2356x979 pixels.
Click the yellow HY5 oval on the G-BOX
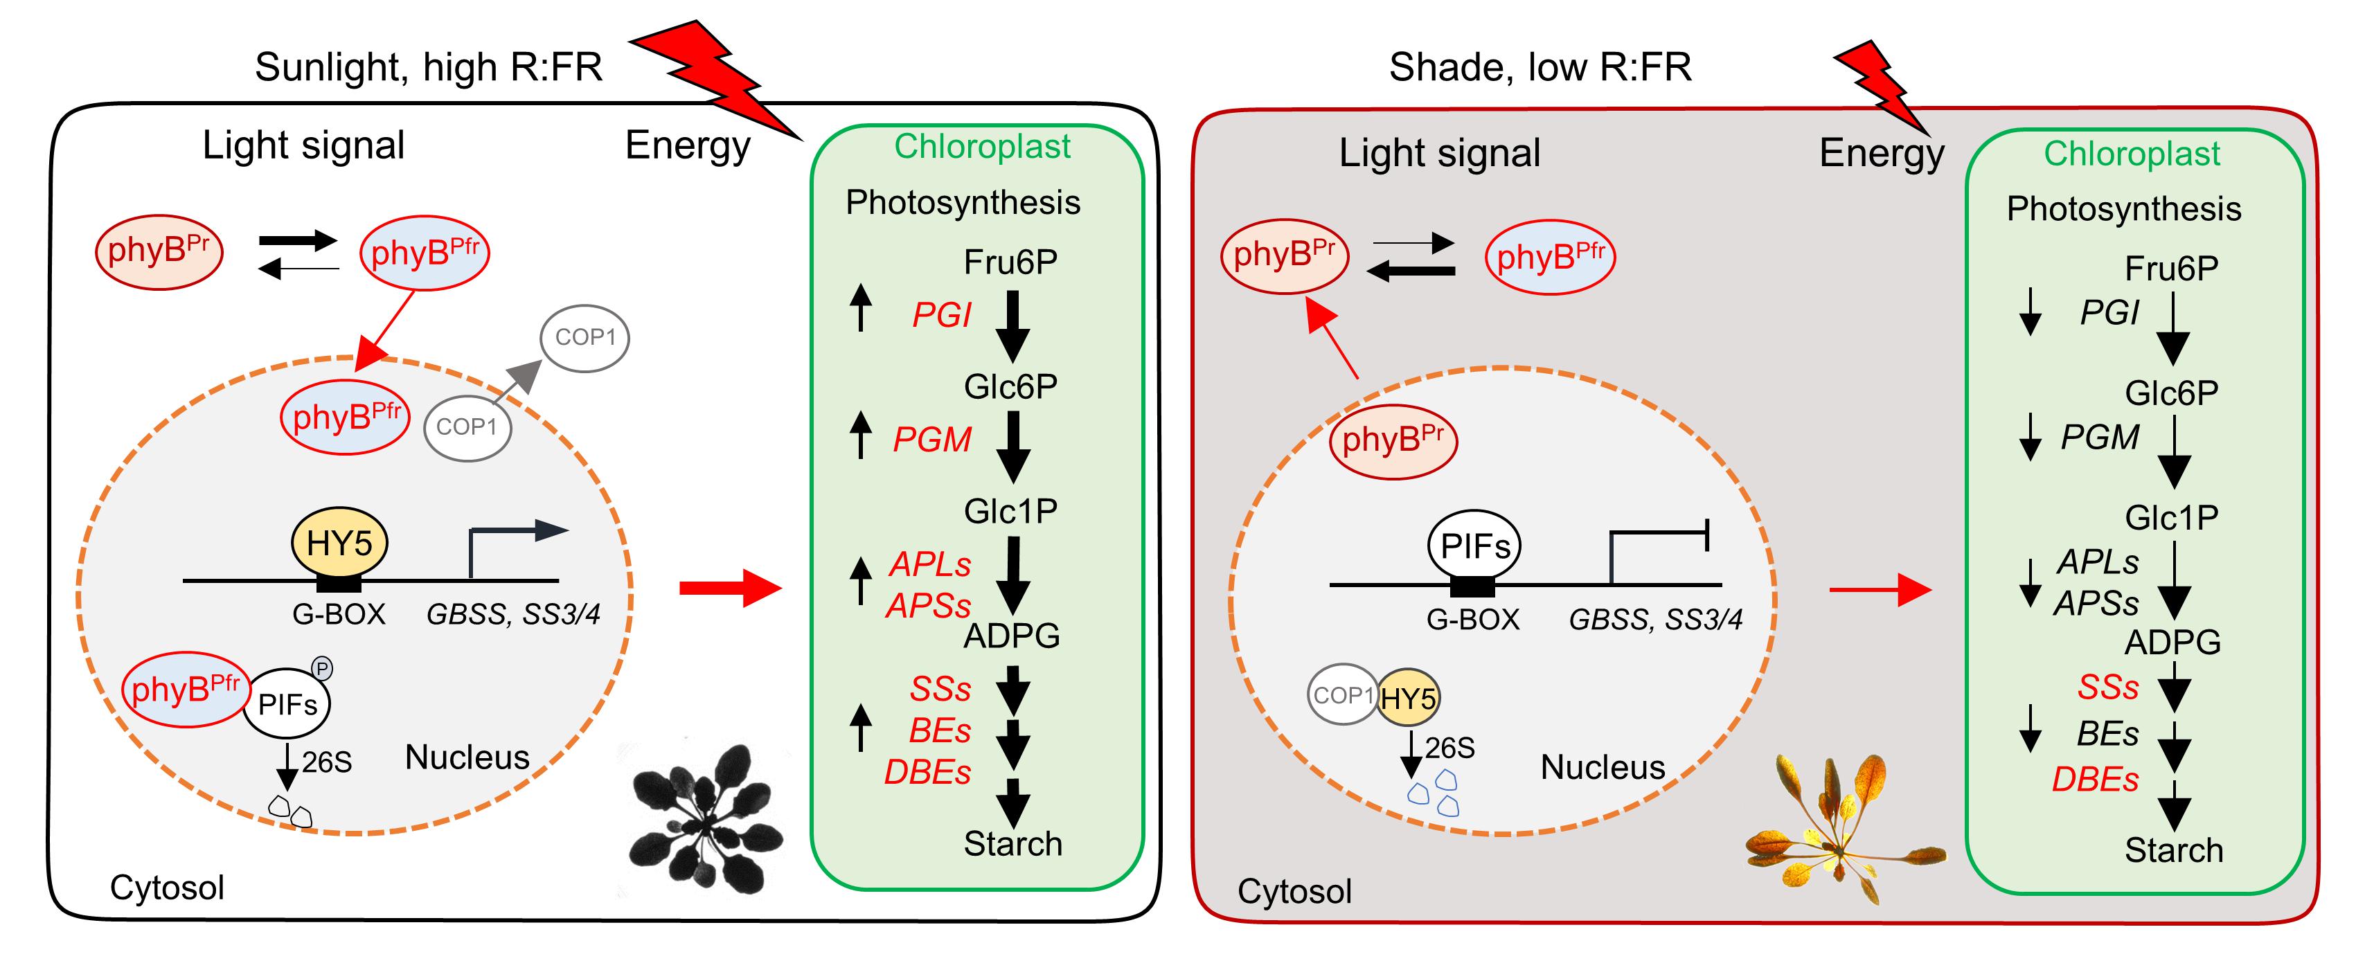(x=339, y=542)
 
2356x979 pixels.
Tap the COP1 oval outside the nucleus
(x=585, y=337)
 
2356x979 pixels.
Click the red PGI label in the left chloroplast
(x=941, y=315)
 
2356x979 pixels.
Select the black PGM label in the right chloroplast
(x=2100, y=438)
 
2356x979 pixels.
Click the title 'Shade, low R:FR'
(x=1540, y=66)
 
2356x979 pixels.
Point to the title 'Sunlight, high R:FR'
(x=428, y=66)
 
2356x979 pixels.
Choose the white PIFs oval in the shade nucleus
(x=1474, y=546)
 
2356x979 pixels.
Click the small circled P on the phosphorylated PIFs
(x=322, y=668)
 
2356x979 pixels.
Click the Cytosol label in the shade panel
(x=1294, y=891)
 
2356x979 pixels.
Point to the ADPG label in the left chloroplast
(x=1012, y=636)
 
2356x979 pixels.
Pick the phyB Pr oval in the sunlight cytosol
(x=159, y=251)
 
